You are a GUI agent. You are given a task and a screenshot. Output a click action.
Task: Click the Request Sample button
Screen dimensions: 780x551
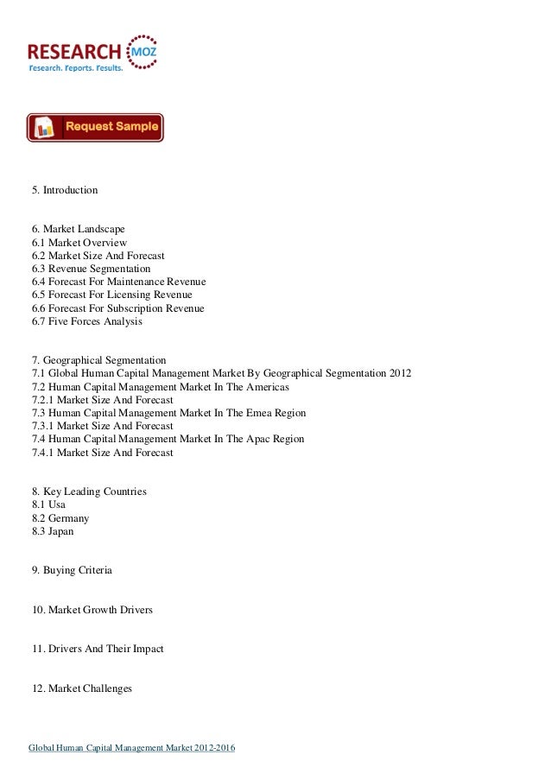[x=95, y=127]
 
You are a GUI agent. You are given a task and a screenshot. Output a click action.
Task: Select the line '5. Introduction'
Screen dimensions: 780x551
[x=65, y=189]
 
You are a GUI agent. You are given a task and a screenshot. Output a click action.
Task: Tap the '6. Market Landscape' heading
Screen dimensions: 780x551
[x=78, y=229]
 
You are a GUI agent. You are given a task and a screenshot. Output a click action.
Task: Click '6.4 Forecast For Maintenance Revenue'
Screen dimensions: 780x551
[x=118, y=282]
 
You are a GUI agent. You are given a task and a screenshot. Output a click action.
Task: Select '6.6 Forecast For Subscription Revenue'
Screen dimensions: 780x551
[x=117, y=308]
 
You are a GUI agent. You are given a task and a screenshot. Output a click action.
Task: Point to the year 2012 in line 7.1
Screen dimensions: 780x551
[x=400, y=373]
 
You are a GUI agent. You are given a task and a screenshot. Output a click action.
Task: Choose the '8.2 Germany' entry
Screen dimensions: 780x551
[x=60, y=518]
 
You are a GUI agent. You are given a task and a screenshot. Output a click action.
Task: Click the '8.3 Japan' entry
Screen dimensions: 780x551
[x=53, y=531]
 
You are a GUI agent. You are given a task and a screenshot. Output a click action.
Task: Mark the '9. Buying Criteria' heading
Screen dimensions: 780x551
[x=72, y=571]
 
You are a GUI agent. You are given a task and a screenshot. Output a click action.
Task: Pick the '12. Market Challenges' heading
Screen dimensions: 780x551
[x=81, y=688]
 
